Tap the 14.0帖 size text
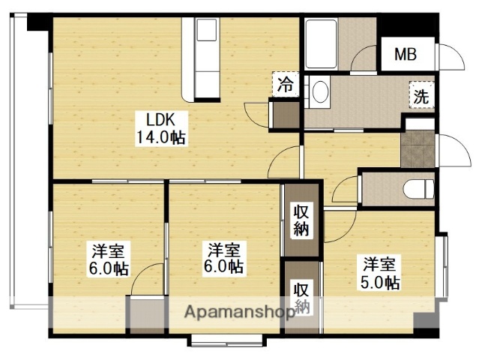pyautogui.click(x=160, y=137)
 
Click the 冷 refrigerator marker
pyautogui.click(x=286, y=85)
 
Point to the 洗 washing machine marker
pyautogui.click(x=421, y=95)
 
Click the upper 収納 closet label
pyautogui.click(x=301, y=220)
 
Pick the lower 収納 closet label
pyautogui.click(x=301, y=298)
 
